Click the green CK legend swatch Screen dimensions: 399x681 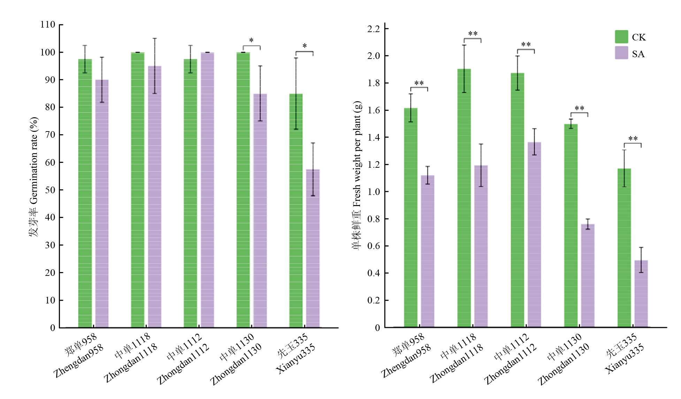point(621,37)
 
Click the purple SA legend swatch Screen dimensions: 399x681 point(621,53)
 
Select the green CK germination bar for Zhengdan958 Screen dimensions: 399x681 point(85,194)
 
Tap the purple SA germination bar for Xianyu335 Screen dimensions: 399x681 point(313,248)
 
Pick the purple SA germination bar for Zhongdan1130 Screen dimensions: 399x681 point(260,211)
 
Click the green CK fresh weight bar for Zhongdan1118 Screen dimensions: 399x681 point(464,198)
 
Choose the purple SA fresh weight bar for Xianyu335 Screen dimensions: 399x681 point(641,294)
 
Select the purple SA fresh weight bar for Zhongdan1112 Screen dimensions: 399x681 point(534,235)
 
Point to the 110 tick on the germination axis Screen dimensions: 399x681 point(48,24)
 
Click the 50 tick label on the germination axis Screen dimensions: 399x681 point(50,190)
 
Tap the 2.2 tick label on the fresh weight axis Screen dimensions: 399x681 point(374,29)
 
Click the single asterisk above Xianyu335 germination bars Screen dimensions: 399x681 point(305,46)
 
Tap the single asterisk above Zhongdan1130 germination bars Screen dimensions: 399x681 point(251,40)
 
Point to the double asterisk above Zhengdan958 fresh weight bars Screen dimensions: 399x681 point(419,83)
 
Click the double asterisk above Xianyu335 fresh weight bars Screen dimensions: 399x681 point(633,139)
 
